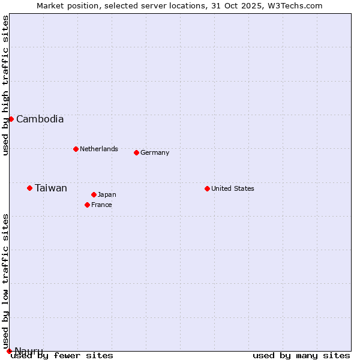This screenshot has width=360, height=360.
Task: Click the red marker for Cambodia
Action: point(11,119)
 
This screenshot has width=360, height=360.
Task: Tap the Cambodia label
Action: point(40,119)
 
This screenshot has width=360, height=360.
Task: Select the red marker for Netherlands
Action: point(76,149)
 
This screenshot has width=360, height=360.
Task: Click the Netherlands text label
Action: point(98,149)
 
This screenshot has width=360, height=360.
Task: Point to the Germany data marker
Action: point(136,152)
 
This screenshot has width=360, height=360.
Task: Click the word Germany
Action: point(155,152)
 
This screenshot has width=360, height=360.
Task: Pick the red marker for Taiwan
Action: point(29,188)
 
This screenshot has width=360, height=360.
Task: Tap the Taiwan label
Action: point(51,188)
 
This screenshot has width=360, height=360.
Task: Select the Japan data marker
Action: point(94,194)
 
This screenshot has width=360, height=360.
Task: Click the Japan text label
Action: point(107,194)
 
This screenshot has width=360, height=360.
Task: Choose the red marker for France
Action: point(87,205)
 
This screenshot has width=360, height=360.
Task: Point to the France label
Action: point(101,205)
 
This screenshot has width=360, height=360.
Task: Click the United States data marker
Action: point(207,188)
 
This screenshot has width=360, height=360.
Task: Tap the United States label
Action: point(233,188)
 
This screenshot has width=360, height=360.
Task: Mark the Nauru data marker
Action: point(9,351)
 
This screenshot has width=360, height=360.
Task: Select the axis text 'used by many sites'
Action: point(301,355)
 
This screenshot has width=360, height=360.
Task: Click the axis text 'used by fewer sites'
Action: point(62,355)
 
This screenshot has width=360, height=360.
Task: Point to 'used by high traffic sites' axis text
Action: point(5,85)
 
